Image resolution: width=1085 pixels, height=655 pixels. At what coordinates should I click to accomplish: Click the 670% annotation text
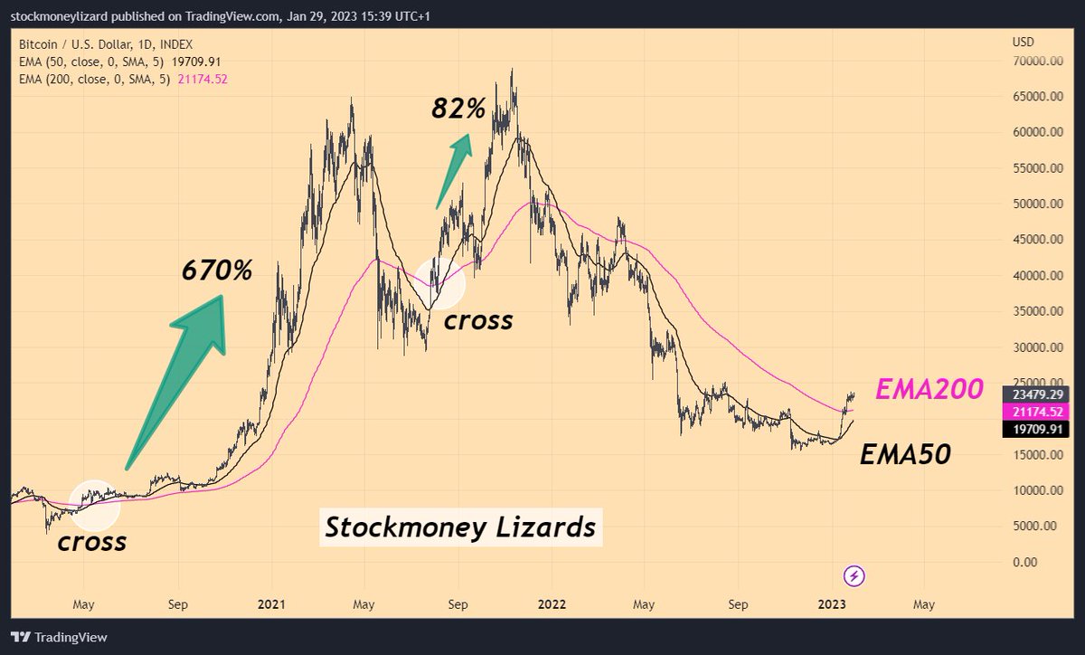click(217, 270)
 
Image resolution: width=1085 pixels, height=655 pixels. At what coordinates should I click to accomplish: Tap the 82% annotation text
click(458, 109)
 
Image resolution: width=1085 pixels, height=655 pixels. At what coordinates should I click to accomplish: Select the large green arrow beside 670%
click(181, 371)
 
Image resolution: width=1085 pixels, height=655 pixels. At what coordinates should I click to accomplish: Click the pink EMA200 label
click(929, 390)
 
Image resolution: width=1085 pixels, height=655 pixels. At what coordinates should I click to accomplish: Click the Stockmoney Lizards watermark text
click(460, 527)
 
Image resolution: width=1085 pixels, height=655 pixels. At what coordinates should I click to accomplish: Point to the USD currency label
click(1024, 42)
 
